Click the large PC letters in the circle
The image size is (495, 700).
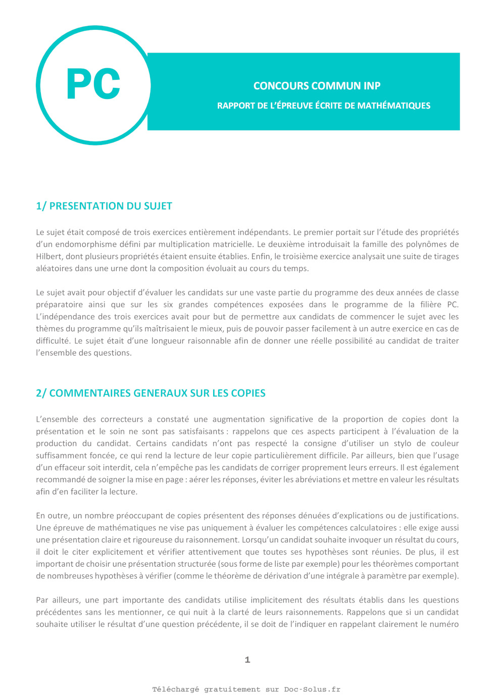(x=93, y=84)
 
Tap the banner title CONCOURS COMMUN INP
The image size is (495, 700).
(x=317, y=86)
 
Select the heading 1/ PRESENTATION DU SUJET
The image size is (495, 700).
(x=104, y=206)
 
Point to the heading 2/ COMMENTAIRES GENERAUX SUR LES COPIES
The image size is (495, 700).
(x=151, y=393)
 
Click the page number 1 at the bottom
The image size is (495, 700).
(x=247, y=660)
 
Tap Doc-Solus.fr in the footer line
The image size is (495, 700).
(x=312, y=689)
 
